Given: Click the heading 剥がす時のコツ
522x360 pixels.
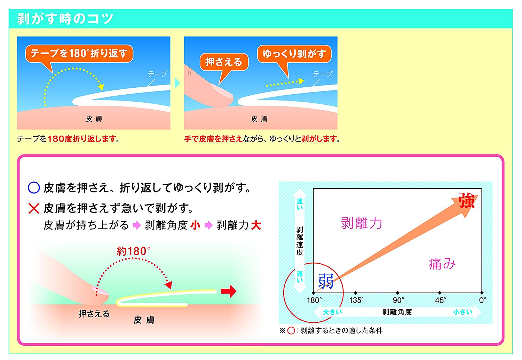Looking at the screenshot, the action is point(65,19).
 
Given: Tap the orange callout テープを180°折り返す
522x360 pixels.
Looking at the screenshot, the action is point(79,54).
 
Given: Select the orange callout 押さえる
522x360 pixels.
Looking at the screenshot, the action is point(224,62).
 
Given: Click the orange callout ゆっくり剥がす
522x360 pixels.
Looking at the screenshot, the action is point(294,54).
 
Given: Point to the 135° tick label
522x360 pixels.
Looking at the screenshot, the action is point(356,300).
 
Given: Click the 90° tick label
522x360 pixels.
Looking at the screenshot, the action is point(398,300).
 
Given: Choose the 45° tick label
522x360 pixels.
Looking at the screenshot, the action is point(440,300).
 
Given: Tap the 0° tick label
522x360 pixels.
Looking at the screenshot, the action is point(482,300).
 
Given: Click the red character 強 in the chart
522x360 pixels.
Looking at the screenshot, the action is point(467,201).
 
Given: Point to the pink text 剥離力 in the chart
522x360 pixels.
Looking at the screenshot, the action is point(362,223).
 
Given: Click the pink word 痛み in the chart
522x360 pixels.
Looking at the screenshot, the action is point(442,264).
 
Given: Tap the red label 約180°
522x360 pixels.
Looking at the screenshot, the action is point(134,251).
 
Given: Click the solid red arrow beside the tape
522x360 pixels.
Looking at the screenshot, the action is point(229,291).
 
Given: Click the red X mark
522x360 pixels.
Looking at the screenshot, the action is point(34,208).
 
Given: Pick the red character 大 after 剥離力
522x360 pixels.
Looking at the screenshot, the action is point(256,225).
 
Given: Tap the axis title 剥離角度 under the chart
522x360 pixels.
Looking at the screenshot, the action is point(397,312).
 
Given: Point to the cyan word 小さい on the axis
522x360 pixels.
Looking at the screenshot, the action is point(463,312).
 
